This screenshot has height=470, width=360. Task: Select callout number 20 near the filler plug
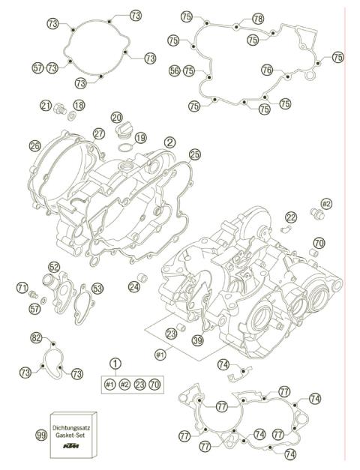point(116,117)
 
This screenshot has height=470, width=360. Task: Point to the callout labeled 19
point(140,138)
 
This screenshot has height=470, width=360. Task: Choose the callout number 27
point(98,133)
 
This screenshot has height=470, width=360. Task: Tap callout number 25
point(194,154)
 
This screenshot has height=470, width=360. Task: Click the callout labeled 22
point(291,217)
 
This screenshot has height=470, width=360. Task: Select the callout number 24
point(133,286)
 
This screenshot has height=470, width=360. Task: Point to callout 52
point(54,267)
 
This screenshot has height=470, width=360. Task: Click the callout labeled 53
point(97,288)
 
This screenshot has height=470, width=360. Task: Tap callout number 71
point(23,286)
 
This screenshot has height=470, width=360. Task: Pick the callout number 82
point(36,339)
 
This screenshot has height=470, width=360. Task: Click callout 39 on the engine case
point(198,340)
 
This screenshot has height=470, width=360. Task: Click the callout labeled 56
point(174,71)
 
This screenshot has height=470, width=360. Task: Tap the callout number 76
point(266,68)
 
